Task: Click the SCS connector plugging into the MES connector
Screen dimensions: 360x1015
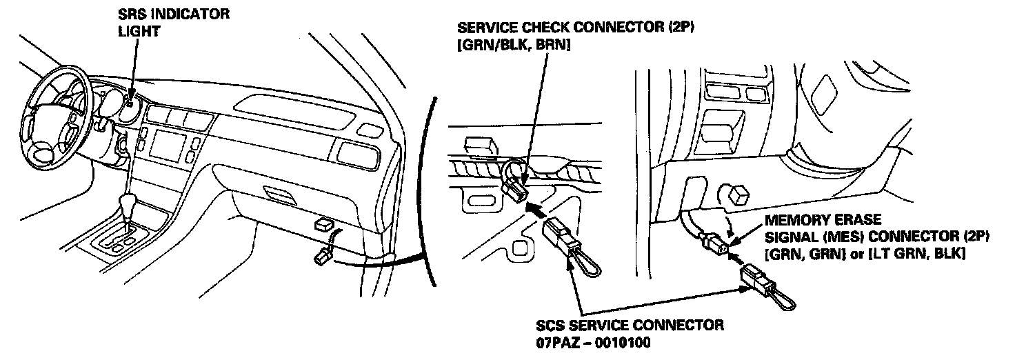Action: click(754, 280)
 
